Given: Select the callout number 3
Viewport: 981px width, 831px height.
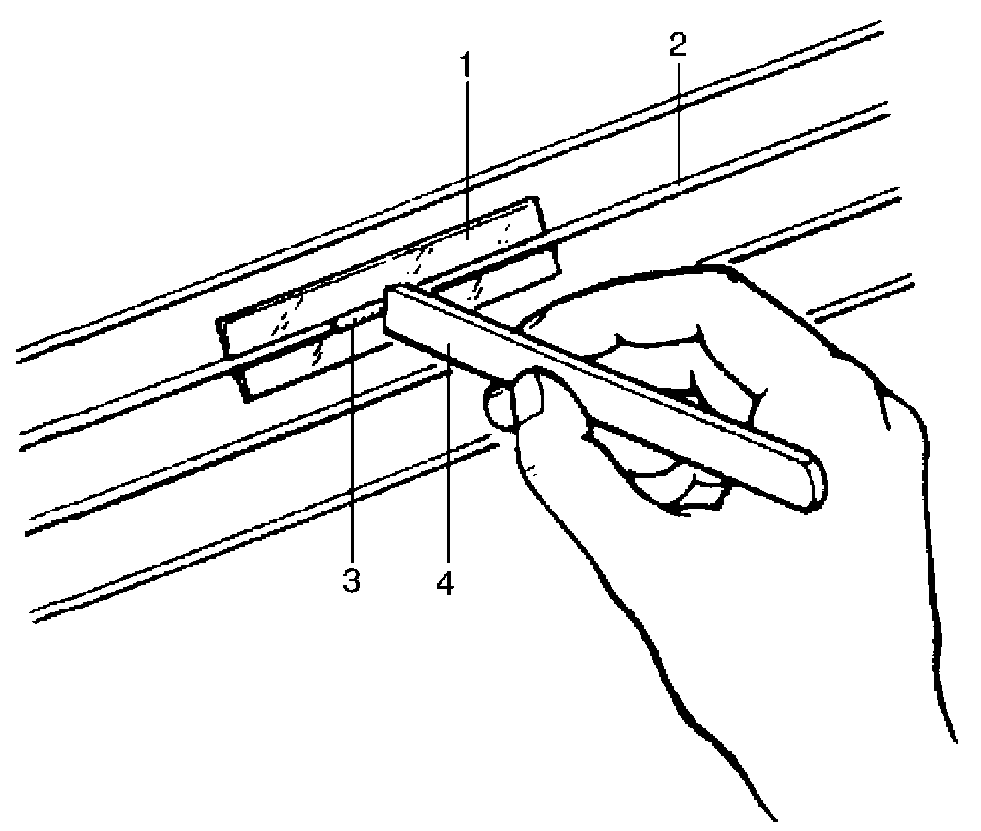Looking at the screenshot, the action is [x=351, y=581].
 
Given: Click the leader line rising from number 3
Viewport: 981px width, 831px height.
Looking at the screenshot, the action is [x=351, y=453].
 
